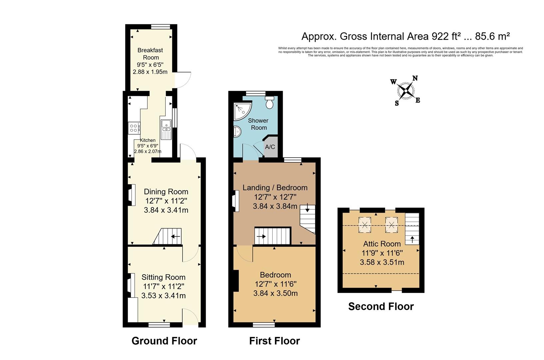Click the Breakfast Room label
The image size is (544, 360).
pos(150,54)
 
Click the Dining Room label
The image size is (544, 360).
pos(166,192)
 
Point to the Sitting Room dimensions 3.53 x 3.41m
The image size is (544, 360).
pos(163,296)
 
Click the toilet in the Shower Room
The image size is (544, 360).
pos(269,102)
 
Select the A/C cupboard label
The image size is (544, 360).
pos(270,147)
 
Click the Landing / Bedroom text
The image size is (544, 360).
pos(275,188)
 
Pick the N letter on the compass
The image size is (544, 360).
pos(415,78)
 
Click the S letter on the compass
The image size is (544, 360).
pos(397,103)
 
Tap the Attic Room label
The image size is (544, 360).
pos(382,244)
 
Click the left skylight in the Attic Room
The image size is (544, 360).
pos(365,225)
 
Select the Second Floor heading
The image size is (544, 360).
pos(381,306)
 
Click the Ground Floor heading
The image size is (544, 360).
pos(164,341)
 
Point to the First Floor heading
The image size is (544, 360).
pos(274,341)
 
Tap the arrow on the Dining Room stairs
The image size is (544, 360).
pos(175,237)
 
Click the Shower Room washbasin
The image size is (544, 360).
pos(237,132)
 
